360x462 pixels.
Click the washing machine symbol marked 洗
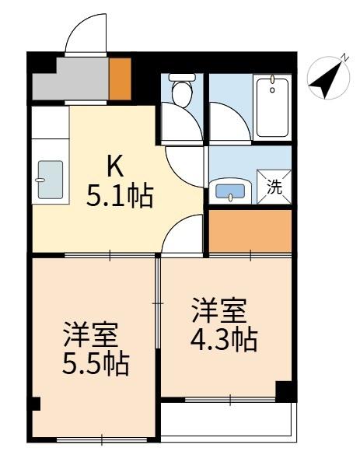coord(274,187)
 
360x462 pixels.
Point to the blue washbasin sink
coord(230,189)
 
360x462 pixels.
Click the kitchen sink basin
coord(50,180)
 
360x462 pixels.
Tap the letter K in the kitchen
coord(115,166)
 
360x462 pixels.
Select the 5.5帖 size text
coord(96,363)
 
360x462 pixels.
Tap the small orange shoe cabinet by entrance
coord(120,77)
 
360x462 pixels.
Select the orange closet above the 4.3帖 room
coord(249,231)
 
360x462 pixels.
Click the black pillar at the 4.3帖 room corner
coord(286,391)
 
